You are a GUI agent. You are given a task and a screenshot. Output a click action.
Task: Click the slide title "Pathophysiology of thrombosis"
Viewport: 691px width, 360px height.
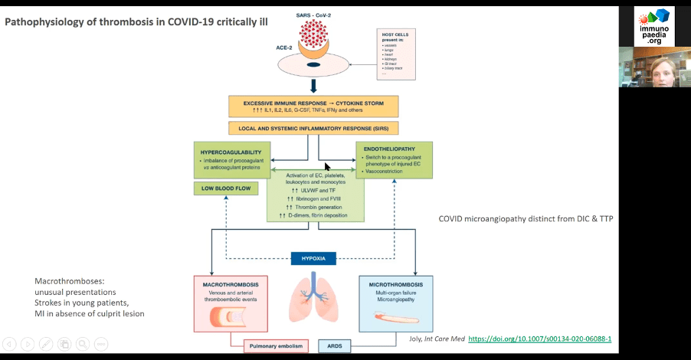click(136, 21)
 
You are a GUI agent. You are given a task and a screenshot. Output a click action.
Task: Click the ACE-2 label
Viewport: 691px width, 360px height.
click(284, 47)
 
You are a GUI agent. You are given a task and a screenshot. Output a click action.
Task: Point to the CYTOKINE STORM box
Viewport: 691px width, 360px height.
click(313, 106)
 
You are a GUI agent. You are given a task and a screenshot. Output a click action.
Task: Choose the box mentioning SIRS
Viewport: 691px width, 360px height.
click(313, 128)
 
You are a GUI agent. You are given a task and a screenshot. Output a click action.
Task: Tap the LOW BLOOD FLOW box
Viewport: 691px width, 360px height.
click(226, 188)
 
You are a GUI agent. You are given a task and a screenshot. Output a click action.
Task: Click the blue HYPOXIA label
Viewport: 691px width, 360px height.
click(314, 259)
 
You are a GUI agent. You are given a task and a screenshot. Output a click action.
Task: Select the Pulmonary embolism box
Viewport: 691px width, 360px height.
click(277, 346)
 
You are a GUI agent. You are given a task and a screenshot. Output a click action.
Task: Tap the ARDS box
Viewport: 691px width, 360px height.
click(335, 346)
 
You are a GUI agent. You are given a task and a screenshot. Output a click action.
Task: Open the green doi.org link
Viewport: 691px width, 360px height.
click(539, 338)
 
